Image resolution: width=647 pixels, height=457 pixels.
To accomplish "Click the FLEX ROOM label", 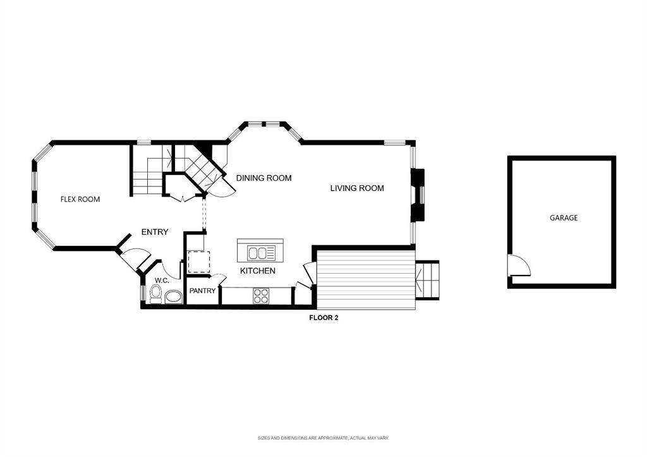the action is [x=80, y=199].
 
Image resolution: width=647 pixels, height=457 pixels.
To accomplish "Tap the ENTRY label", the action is [x=155, y=232].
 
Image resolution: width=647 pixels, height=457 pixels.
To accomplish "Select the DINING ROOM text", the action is [x=263, y=178].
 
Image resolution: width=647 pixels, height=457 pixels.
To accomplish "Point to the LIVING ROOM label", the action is [x=357, y=188].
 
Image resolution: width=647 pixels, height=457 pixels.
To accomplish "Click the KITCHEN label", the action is [x=258, y=271].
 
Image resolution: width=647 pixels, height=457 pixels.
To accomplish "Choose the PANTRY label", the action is [x=202, y=291].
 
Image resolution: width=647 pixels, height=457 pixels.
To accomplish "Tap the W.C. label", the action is [x=162, y=281].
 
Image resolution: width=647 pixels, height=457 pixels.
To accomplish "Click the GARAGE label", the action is [x=563, y=217].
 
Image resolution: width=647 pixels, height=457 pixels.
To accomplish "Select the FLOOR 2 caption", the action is [x=324, y=318].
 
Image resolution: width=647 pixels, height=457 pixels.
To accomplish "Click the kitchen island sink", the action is [x=261, y=253].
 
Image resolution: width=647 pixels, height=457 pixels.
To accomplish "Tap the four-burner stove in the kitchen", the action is [x=261, y=296].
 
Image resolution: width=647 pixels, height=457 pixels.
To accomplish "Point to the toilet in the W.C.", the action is [x=155, y=294].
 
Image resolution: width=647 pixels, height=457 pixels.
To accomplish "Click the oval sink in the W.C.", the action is [x=174, y=297].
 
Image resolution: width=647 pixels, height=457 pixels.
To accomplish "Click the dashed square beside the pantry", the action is [x=199, y=262].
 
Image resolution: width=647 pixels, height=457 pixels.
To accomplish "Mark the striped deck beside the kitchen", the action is [x=366, y=279].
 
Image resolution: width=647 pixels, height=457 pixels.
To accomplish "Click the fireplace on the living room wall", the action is [x=418, y=195].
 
